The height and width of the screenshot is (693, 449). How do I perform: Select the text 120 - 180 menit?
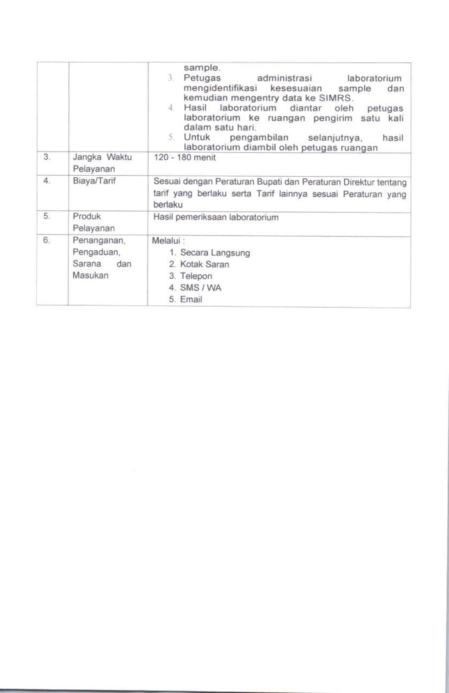point(184,158)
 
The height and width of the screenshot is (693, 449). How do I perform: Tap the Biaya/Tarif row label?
point(94,181)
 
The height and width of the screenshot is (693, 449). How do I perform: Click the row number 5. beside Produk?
point(46,216)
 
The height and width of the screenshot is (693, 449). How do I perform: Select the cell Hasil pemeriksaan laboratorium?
point(215,217)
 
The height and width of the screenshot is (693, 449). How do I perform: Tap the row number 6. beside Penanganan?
point(46,240)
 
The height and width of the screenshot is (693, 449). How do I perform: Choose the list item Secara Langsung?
point(215,253)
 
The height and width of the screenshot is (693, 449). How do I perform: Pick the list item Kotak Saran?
point(204,265)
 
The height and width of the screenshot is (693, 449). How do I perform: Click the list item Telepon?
point(196,276)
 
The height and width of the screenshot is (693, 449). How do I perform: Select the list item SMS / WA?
point(200,288)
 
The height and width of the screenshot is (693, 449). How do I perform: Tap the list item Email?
point(191,300)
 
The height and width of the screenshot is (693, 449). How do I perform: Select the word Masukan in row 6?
point(90,275)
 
